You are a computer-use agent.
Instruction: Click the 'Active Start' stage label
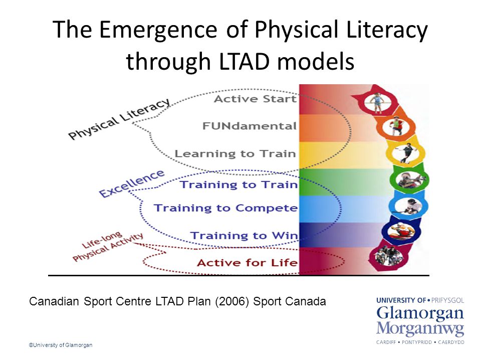click(x=255, y=99)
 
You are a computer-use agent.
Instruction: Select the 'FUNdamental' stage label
click(x=250, y=126)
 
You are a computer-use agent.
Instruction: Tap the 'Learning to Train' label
click(x=235, y=153)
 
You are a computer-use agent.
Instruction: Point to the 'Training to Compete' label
click(x=226, y=208)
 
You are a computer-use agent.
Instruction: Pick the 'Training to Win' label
click(x=244, y=236)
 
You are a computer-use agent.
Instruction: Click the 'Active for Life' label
click(x=247, y=263)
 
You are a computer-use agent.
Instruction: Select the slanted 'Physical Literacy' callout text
click(x=119, y=118)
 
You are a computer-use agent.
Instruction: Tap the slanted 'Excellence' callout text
click(x=132, y=184)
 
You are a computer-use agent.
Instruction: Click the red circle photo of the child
click(x=377, y=102)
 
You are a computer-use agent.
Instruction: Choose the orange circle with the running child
click(x=396, y=126)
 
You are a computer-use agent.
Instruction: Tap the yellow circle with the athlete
click(x=406, y=152)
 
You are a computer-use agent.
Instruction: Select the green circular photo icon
click(x=409, y=179)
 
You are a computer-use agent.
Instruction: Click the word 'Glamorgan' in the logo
click(x=420, y=313)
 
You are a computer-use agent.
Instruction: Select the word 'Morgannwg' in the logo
click(x=420, y=329)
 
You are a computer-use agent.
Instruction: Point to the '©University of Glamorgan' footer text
click(x=61, y=345)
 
